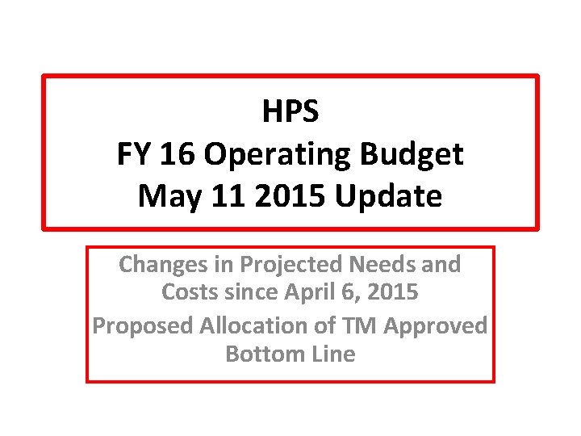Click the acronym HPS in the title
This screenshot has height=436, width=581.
[290, 111]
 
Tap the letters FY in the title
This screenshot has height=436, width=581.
[134, 154]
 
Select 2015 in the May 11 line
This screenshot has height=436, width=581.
[279, 196]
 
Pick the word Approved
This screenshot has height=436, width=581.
[436, 325]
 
